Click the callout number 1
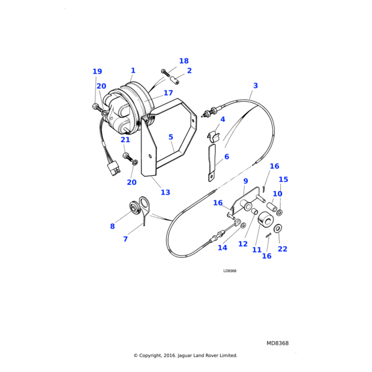(133, 71)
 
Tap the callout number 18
(184, 61)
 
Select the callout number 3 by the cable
(255, 86)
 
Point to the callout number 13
(166, 192)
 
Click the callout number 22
(283, 249)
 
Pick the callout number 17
(168, 93)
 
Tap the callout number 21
(125, 139)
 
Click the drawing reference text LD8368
(229, 271)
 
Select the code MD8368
(278, 343)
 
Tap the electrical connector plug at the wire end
(114, 167)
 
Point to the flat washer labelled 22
(278, 228)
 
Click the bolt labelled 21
(127, 157)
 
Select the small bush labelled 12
(255, 211)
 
